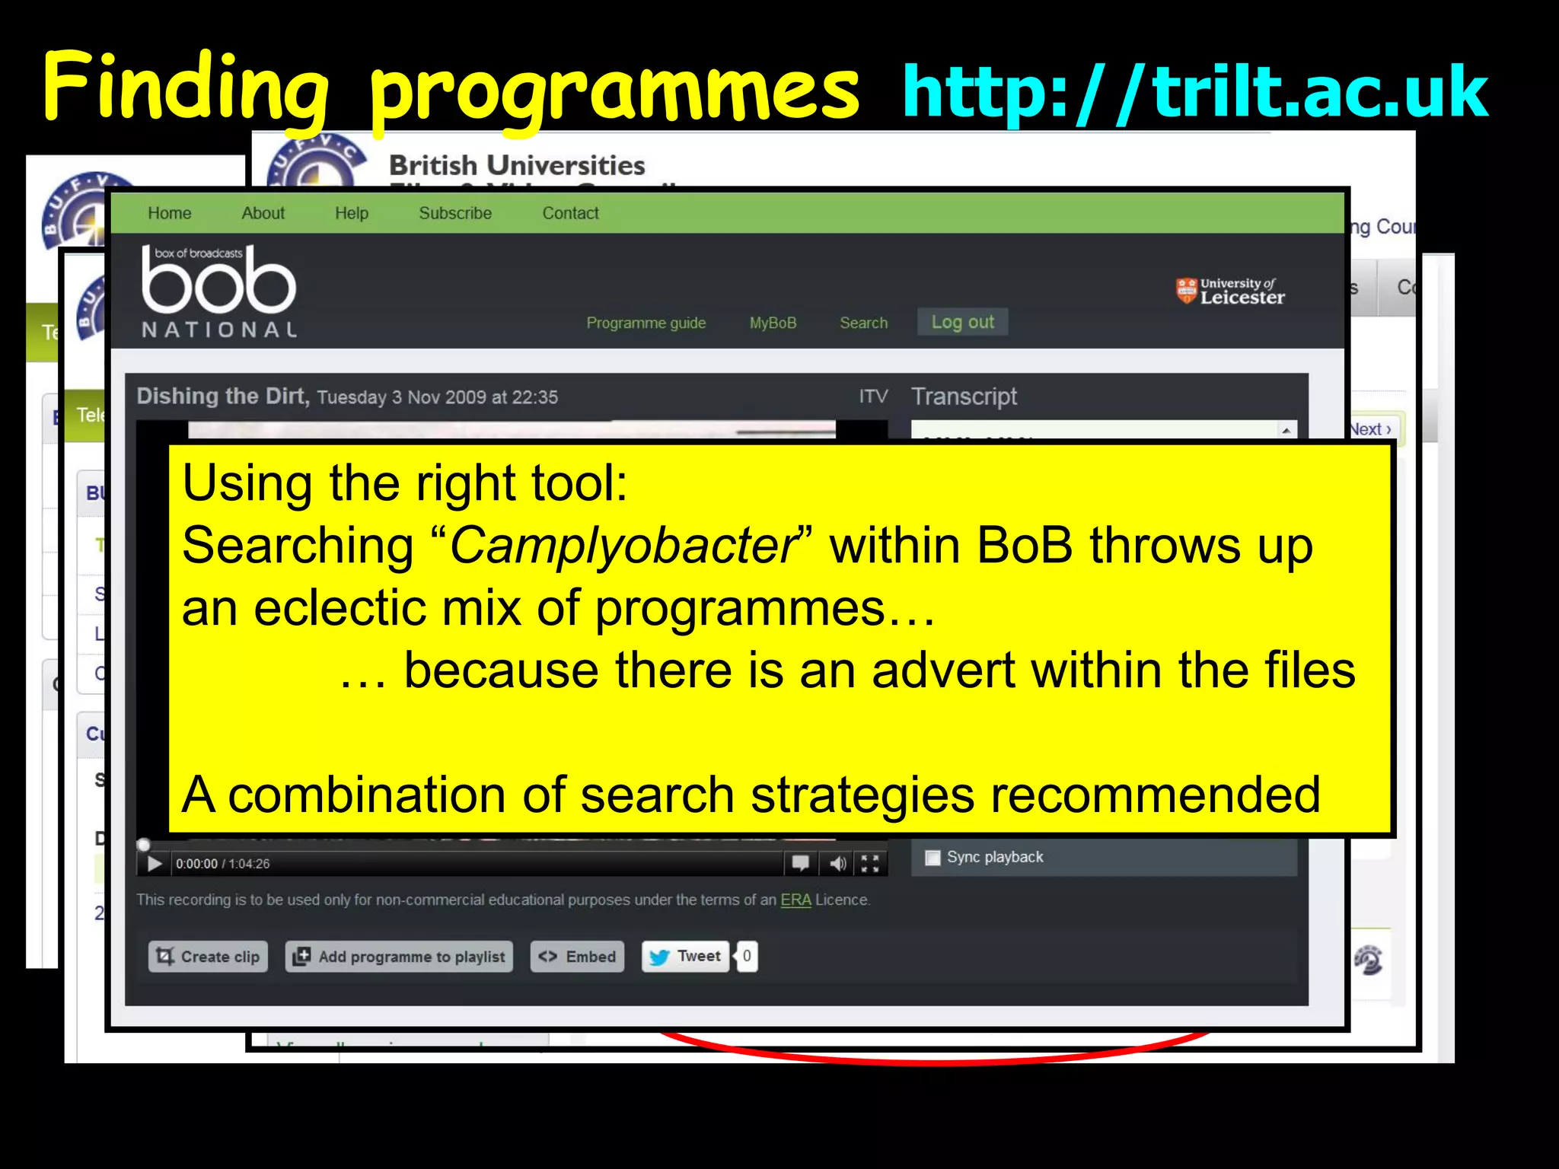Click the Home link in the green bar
click(x=169, y=213)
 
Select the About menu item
click(x=263, y=213)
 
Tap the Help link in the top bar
click(x=351, y=213)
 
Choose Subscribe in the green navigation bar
click(x=454, y=213)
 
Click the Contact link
click(x=570, y=213)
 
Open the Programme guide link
click(x=646, y=323)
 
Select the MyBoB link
click(x=773, y=323)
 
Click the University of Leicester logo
click(x=1230, y=291)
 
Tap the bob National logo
click(x=218, y=292)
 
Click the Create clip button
click(x=208, y=957)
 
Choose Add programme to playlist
click(x=399, y=957)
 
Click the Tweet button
click(x=686, y=957)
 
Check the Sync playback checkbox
click(x=933, y=858)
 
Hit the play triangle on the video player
click(x=155, y=864)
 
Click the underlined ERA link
click(x=795, y=900)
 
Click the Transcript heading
click(x=964, y=397)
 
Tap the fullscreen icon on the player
click(x=870, y=863)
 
